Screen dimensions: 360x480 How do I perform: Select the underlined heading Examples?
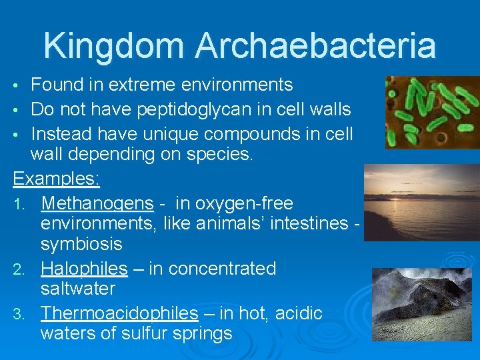point(57,179)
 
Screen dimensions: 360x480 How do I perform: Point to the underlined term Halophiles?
point(84,269)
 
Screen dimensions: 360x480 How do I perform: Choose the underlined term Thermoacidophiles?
point(119,313)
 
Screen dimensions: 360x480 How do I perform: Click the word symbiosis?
point(81,244)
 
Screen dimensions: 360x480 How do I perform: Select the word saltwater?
point(78,289)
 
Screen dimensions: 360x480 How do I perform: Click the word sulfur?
point(147,333)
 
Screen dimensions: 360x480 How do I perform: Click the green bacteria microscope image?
point(431,112)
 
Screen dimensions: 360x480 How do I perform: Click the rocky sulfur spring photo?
point(421,304)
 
